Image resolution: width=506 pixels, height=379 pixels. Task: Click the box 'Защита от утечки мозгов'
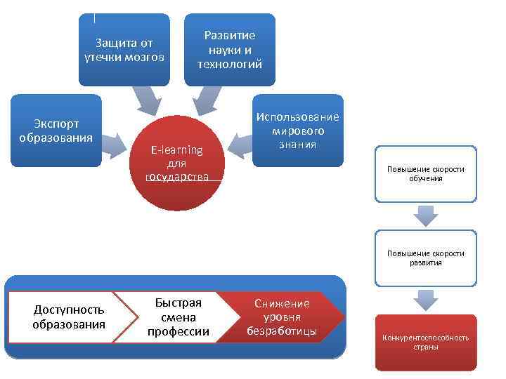(124, 50)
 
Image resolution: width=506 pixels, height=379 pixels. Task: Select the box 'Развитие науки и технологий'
(230, 50)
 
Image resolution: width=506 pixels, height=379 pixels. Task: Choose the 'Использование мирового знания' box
(297, 131)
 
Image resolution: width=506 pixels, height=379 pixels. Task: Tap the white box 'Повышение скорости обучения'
(426, 174)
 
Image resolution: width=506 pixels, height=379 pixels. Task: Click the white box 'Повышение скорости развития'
(426, 258)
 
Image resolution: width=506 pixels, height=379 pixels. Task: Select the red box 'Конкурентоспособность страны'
(426, 343)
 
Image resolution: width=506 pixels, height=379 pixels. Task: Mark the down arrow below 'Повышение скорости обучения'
(426, 215)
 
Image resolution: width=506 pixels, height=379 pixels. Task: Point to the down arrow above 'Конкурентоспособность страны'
(426, 300)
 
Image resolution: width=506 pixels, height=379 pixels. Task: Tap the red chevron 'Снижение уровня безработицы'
(285, 317)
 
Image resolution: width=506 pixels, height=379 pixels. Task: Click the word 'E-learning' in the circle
(177, 149)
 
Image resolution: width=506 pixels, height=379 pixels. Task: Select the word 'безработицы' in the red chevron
(282, 331)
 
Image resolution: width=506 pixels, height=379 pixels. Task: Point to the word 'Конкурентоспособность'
(426, 338)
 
